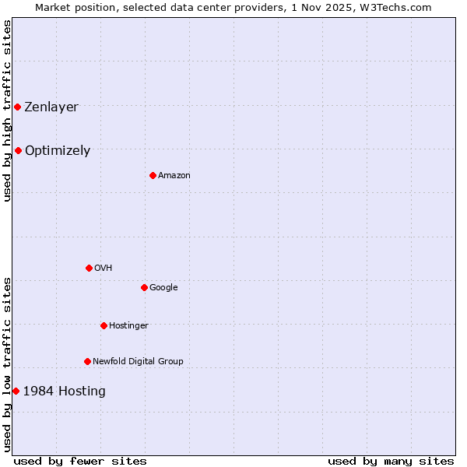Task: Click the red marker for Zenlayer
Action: point(17,107)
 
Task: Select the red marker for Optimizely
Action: point(18,150)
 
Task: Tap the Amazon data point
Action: point(153,175)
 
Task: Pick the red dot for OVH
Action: point(89,268)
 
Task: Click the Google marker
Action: point(144,287)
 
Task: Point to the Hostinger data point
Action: point(104,325)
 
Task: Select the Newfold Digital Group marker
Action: point(87,361)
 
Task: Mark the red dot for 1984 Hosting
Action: point(16,391)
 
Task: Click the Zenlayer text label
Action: point(51,107)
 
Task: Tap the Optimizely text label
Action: point(58,151)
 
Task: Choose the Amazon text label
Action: point(174,176)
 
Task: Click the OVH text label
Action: point(104,269)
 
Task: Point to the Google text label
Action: point(163,288)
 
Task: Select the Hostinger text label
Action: point(128,326)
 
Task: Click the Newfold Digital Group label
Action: point(138,362)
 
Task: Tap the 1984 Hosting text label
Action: point(65,392)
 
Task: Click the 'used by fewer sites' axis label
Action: point(80,462)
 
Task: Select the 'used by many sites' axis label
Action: point(391,462)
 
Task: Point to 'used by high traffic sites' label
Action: point(7,111)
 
